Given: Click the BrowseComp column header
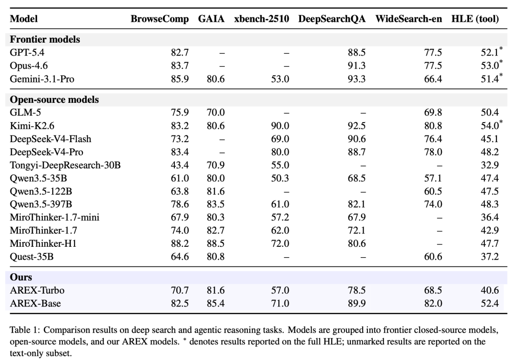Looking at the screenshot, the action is point(160,19).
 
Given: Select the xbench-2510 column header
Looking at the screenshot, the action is point(262,19).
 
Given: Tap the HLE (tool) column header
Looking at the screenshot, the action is point(475,19).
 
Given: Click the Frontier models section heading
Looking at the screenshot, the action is point(45,39).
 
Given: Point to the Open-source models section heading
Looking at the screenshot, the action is point(54,99).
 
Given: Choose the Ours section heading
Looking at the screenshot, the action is point(21,277).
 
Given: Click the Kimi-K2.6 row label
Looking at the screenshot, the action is point(32,126).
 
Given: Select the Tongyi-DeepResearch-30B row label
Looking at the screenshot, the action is point(65,165).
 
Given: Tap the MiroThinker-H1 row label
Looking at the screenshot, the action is point(43,243).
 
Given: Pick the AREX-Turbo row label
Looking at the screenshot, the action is point(37,290).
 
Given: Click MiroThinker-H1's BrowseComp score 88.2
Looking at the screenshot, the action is point(180,243).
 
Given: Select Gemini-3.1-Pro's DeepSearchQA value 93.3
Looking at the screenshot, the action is point(357,79).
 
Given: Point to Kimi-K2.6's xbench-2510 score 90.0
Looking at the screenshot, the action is point(280,126).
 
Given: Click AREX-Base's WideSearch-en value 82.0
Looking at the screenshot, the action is point(433,303).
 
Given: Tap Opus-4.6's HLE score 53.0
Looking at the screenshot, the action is point(490,65).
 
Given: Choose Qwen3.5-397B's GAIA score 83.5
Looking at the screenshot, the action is point(216,204).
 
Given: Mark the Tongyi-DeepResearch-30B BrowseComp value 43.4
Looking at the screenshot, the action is point(180,165).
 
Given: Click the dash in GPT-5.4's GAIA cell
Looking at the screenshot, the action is point(222,53).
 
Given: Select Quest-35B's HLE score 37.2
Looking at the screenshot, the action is point(490,257).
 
